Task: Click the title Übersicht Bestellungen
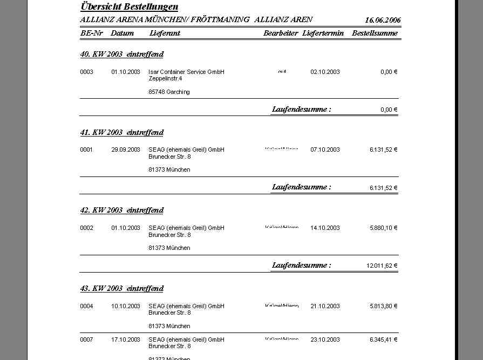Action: point(129,7)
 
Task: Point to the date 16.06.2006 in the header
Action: point(383,20)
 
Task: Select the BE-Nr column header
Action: point(91,33)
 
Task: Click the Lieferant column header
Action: point(165,33)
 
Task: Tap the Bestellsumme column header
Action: point(375,33)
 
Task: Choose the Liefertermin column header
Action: point(323,33)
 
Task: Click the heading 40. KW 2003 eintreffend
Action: point(121,54)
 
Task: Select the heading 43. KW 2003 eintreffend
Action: point(121,288)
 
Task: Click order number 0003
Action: point(86,72)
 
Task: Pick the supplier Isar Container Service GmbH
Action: point(186,72)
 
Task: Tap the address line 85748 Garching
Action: point(169,92)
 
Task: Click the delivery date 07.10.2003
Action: point(325,150)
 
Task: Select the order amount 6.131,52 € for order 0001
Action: point(383,150)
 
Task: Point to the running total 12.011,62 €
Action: point(382,266)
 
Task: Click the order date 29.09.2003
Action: point(126,150)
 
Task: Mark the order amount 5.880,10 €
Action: point(383,228)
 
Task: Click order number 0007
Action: point(86,339)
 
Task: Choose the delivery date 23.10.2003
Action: point(325,339)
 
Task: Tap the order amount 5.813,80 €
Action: point(383,306)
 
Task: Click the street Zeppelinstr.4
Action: point(165,78)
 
